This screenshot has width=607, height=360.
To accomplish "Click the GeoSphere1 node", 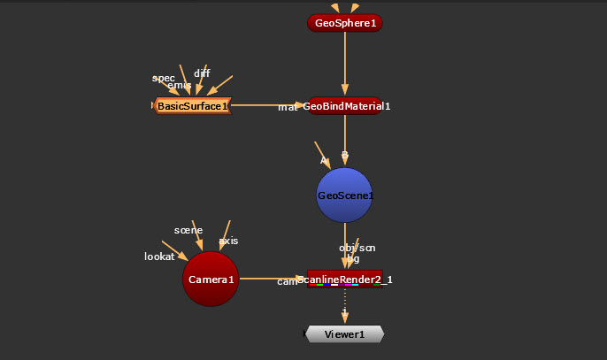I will (x=344, y=23).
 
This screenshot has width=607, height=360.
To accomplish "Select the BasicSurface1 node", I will (x=192, y=106).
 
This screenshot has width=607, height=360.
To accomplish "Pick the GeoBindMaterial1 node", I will (x=344, y=106).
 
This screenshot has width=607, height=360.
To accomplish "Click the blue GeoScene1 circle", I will (x=344, y=195).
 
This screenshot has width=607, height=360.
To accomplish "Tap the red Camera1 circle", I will (x=211, y=280).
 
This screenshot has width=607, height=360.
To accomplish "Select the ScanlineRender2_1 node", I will (x=344, y=280).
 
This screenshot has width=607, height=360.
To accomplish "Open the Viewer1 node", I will (x=344, y=334).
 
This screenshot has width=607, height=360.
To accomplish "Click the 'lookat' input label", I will (x=159, y=257).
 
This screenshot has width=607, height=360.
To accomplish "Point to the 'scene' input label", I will (x=188, y=230).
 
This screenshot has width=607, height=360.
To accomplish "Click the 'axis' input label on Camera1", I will (x=228, y=241).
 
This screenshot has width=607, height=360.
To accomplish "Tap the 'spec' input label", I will (x=164, y=78).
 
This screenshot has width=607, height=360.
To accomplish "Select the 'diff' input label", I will (x=202, y=73).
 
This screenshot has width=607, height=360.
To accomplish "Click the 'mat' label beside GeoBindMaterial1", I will (x=288, y=107).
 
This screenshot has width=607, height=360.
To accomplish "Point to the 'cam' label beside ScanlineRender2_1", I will (x=288, y=281).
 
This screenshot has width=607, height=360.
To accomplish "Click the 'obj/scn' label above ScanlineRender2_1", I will (x=357, y=248).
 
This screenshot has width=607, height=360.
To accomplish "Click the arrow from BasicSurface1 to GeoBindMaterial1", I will (x=265, y=106).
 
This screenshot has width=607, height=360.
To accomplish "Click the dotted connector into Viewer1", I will (x=344, y=306).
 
